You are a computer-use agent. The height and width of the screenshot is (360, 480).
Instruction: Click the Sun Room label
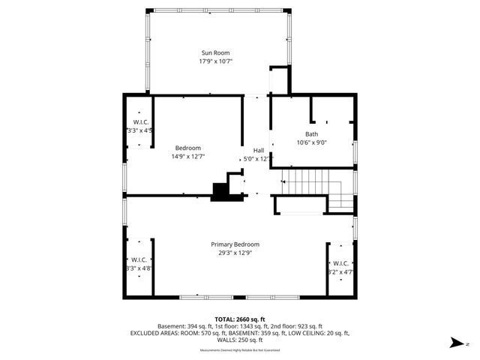click(215, 52)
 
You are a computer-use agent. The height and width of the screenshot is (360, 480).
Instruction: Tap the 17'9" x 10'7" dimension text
click(215, 61)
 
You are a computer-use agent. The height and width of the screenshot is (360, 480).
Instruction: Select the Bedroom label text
click(188, 148)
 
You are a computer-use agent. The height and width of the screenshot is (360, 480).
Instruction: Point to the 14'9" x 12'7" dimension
click(188, 157)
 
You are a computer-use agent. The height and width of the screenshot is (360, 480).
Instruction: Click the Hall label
click(258, 150)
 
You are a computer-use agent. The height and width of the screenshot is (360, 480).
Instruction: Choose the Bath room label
click(310, 133)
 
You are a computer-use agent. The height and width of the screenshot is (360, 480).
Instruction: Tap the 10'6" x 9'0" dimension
click(310, 142)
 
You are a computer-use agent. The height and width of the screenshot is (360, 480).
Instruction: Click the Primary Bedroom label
click(235, 244)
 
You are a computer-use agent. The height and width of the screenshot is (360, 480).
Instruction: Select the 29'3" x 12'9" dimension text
click(235, 253)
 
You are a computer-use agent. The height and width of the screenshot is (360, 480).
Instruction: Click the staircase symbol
click(315, 187)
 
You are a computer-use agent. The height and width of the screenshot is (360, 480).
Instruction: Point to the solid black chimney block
click(221, 192)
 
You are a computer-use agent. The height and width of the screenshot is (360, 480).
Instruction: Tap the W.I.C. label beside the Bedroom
click(141, 122)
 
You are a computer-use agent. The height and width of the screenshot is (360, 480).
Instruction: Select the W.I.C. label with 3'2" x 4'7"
click(340, 263)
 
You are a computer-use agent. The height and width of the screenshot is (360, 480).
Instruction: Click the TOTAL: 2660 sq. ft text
click(239, 319)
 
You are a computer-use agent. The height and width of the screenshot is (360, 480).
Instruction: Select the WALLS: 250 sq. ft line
click(239, 340)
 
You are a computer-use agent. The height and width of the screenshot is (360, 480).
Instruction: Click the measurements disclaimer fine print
click(239, 349)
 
